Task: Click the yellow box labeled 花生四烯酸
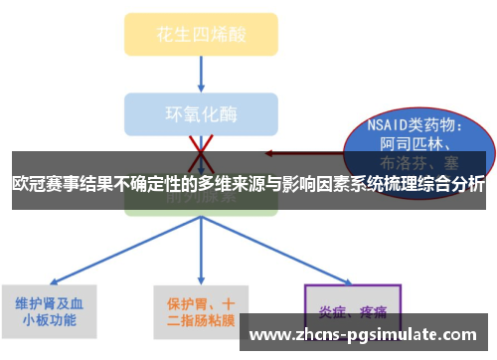pyautogui.click(x=201, y=34)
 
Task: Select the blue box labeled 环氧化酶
pyautogui.click(x=201, y=113)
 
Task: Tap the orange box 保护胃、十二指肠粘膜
pyautogui.click(x=201, y=311)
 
